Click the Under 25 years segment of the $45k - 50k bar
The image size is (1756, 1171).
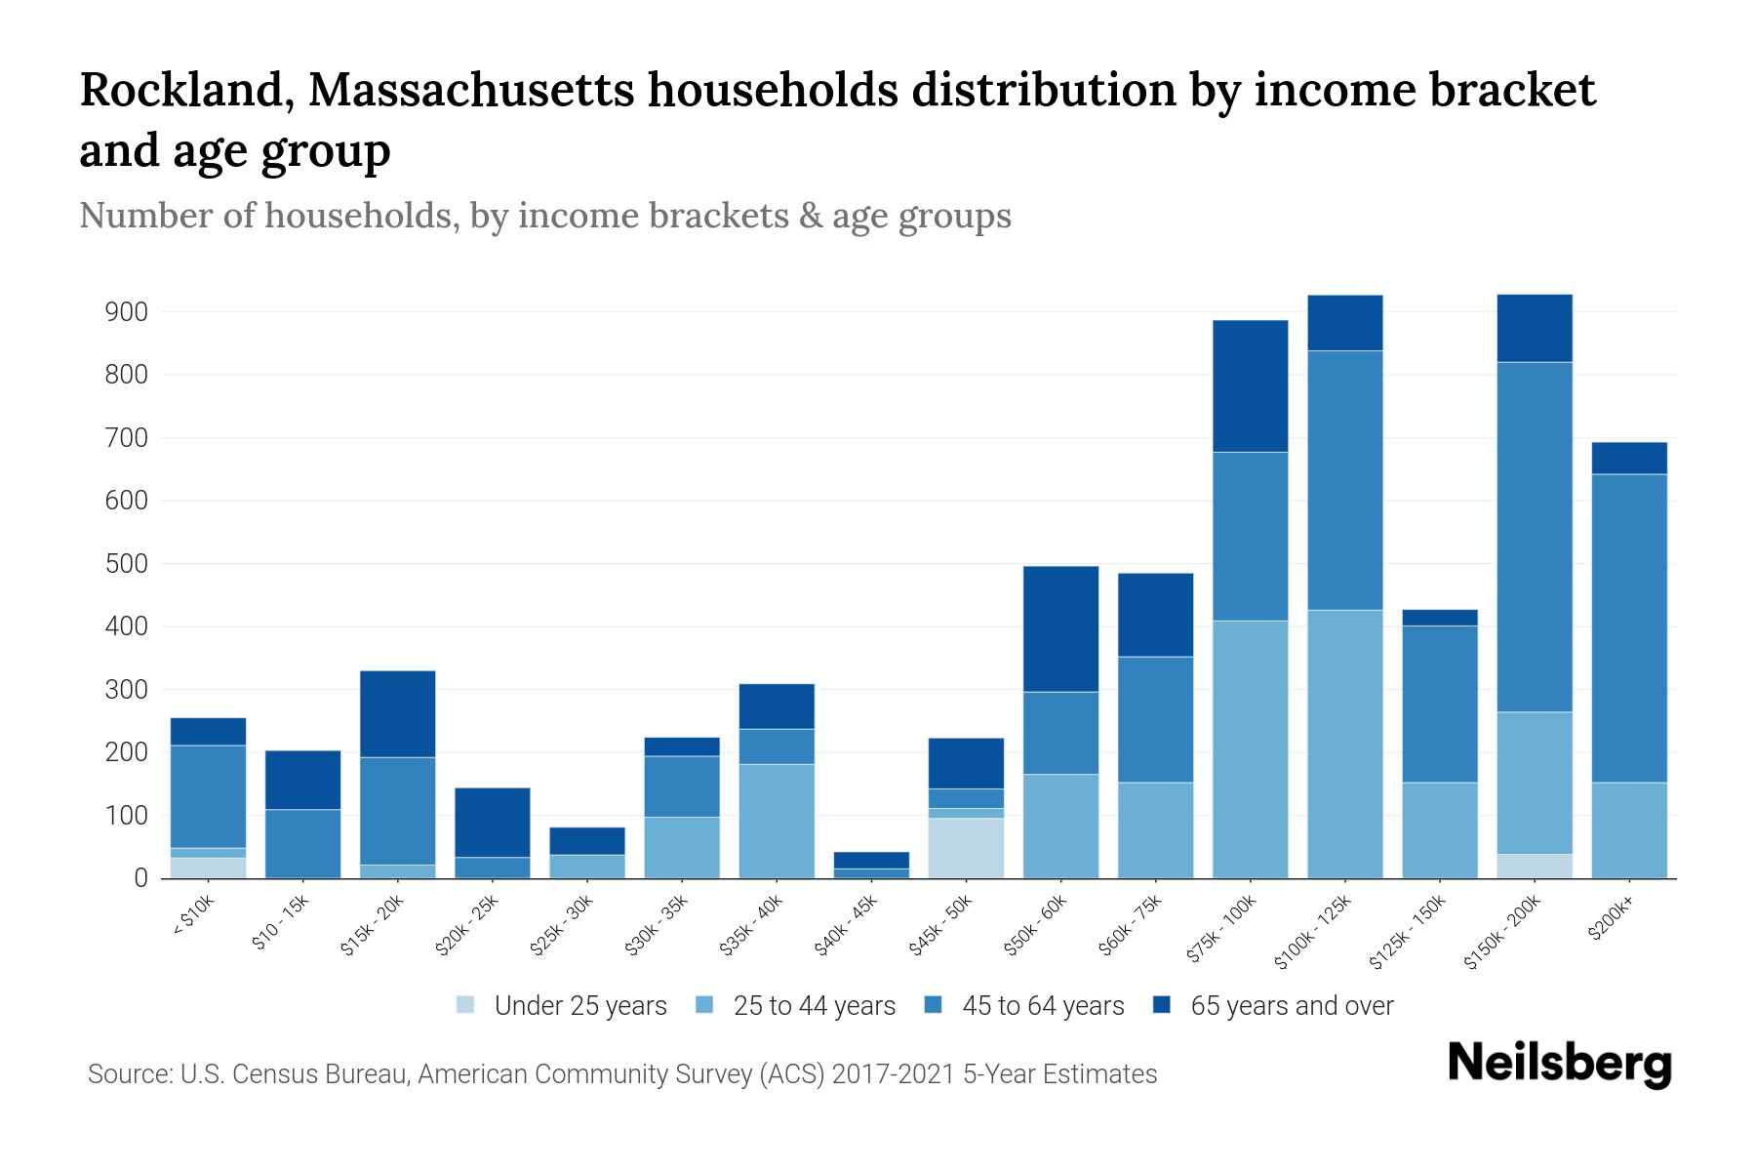(x=966, y=847)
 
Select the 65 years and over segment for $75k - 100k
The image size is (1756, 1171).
(x=1250, y=385)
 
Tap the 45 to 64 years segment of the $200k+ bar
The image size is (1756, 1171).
(x=1629, y=627)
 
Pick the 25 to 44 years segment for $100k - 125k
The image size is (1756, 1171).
(x=1345, y=744)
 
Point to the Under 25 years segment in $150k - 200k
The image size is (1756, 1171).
(x=1535, y=866)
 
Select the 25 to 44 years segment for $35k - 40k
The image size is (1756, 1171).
(x=777, y=821)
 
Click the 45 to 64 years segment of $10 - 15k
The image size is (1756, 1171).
(x=303, y=843)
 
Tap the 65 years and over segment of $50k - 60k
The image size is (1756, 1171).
(x=1060, y=628)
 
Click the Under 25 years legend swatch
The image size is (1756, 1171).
(x=466, y=1005)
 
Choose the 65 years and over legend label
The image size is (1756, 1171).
(x=1292, y=1006)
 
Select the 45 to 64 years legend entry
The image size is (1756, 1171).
(x=1043, y=1006)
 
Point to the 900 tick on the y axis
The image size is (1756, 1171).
(x=127, y=312)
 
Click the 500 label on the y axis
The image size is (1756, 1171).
(x=127, y=564)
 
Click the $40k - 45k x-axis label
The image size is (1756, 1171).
(x=848, y=928)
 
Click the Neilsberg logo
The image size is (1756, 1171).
(x=1559, y=1064)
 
